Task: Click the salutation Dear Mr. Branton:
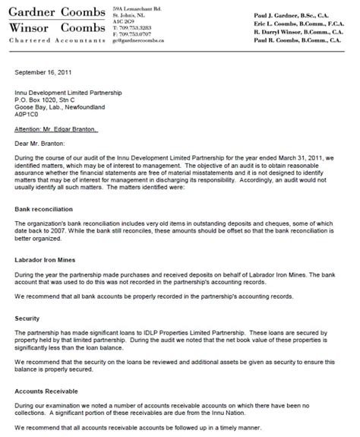pos(43,141)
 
